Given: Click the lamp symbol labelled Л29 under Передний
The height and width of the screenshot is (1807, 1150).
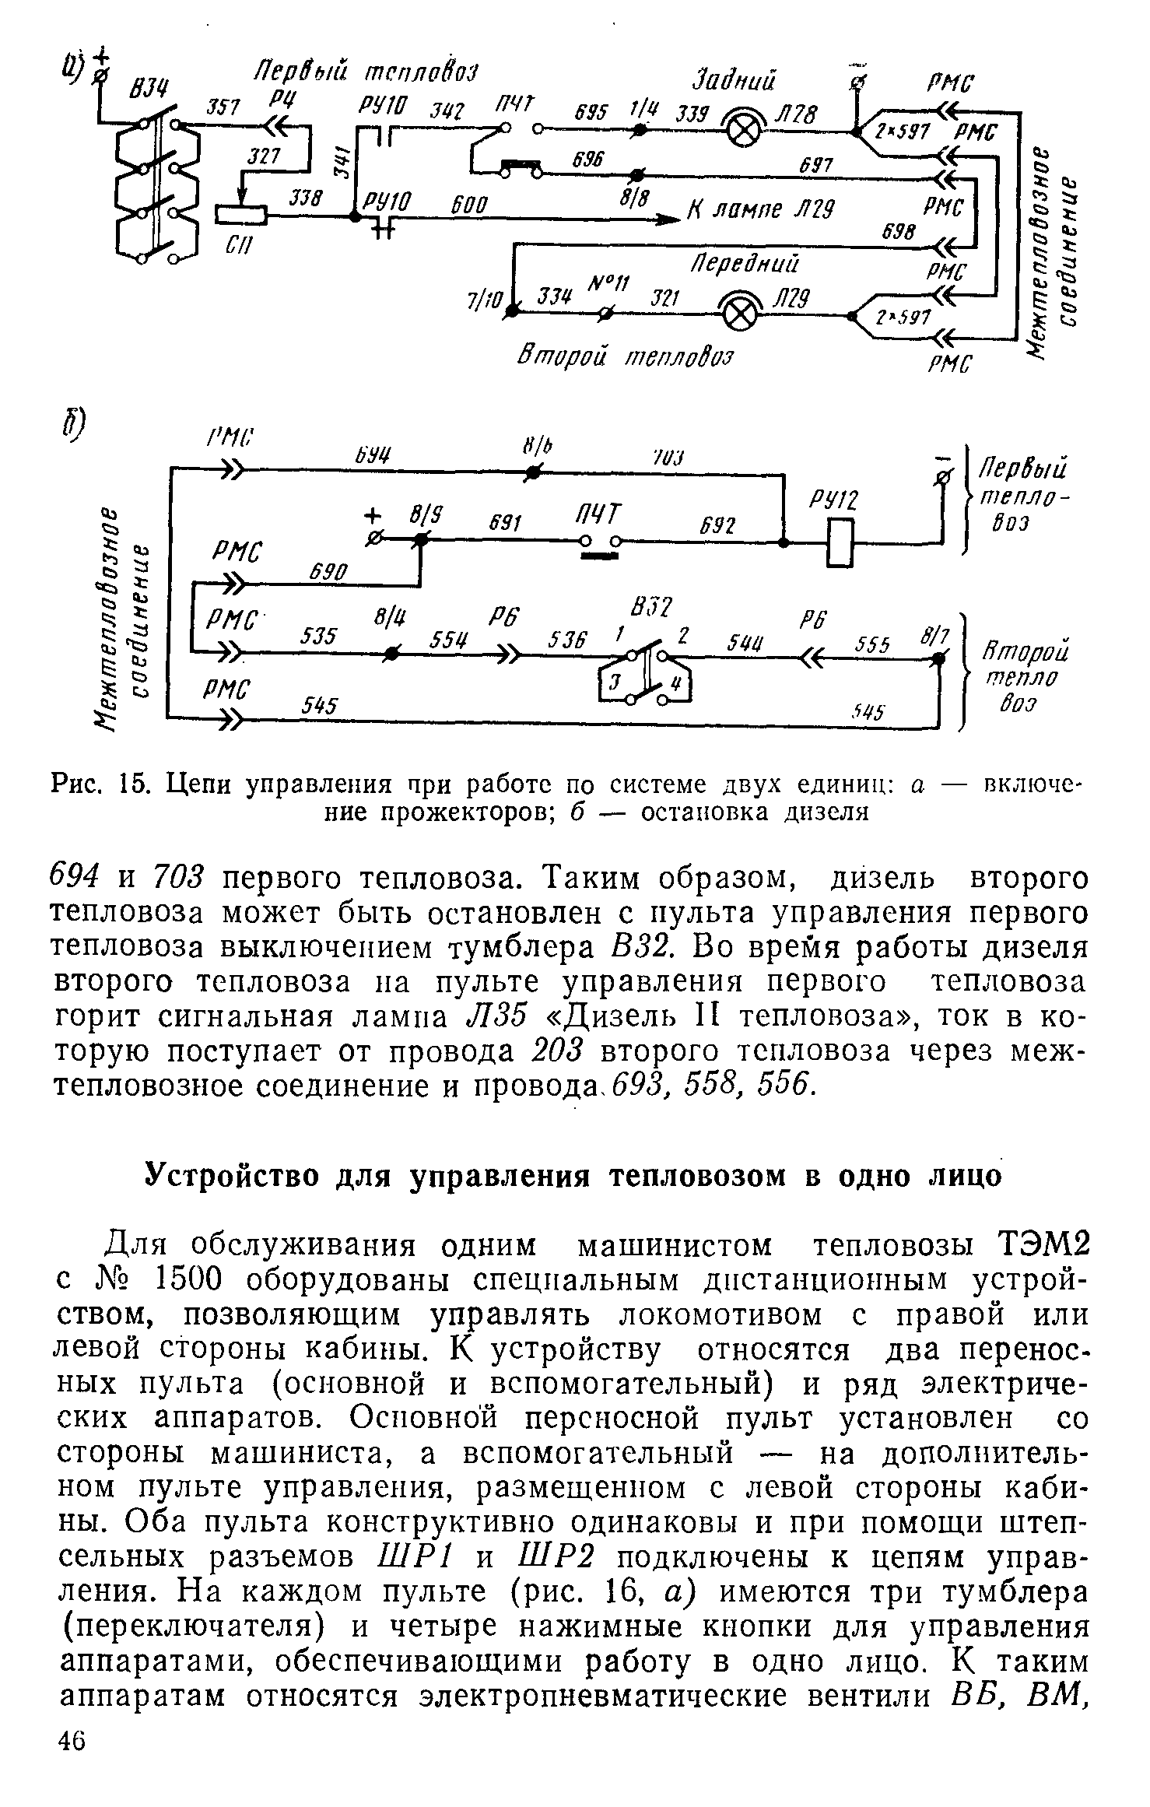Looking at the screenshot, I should tap(740, 314).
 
